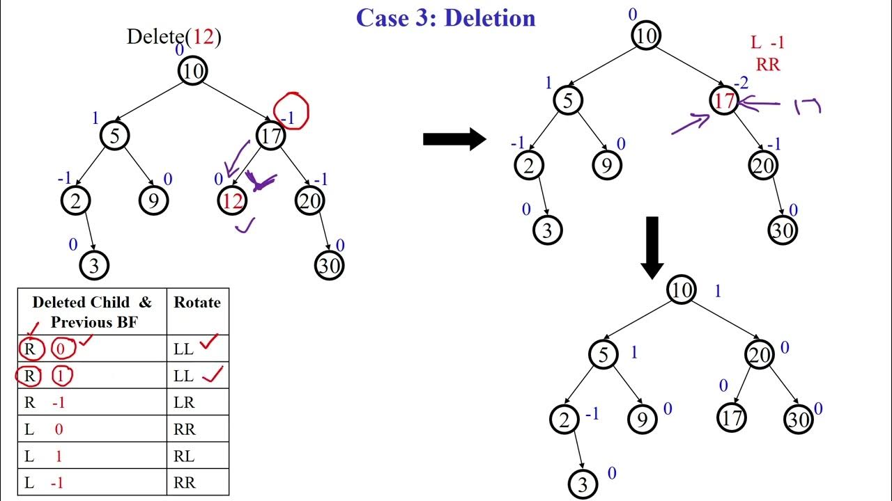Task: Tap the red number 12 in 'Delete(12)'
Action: coord(203,36)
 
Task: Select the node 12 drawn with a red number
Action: coord(232,201)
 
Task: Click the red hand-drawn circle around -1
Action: coord(291,111)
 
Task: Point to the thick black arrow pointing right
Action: coord(454,138)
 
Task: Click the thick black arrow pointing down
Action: coord(652,247)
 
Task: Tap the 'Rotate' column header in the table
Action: coord(197,303)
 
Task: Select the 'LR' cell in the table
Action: coord(184,403)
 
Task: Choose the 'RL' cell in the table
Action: coord(184,456)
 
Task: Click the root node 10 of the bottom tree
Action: coord(681,289)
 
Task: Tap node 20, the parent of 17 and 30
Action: coord(759,354)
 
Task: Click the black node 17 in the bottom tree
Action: coord(731,417)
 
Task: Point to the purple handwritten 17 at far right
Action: coord(808,106)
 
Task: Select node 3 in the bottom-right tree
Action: coord(583,484)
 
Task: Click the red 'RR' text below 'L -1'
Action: coord(767,65)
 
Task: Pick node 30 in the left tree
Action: coord(329,265)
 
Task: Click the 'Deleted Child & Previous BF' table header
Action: coord(92,312)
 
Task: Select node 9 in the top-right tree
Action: coord(607,165)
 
